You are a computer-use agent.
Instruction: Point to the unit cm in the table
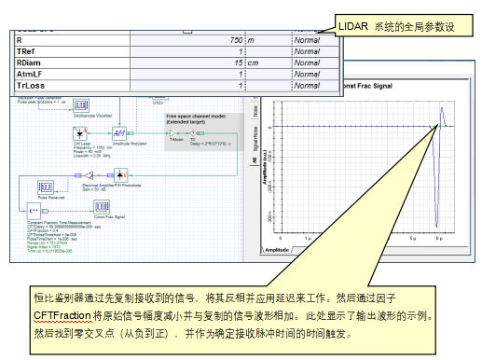pos(254,62)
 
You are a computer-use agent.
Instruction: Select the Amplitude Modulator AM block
pos(118,134)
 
